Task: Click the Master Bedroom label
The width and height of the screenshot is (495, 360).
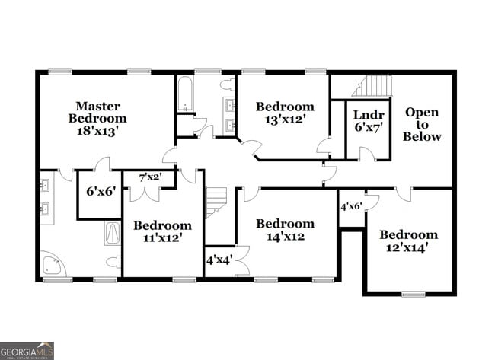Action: pos(97,112)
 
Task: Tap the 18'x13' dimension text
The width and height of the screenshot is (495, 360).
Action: pos(97,130)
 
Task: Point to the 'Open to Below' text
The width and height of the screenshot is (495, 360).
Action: pos(422,124)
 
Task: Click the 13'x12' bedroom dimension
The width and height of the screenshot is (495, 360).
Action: pos(285,119)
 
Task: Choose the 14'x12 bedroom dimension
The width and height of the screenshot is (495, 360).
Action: pos(285,236)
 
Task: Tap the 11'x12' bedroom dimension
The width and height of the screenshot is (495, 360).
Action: pos(163,238)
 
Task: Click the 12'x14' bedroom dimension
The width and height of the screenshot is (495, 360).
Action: pos(409,247)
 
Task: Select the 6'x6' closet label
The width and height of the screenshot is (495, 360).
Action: pos(100,191)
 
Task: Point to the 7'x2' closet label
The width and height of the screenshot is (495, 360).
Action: pos(150,177)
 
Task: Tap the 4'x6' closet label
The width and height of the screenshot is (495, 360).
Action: pos(350,206)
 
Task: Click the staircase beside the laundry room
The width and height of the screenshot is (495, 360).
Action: pos(372,86)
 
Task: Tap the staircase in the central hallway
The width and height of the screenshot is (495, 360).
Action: pos(216,203)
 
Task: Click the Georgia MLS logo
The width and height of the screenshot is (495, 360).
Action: pos(27,350)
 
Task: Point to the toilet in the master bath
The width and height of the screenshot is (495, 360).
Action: pos(113,263)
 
